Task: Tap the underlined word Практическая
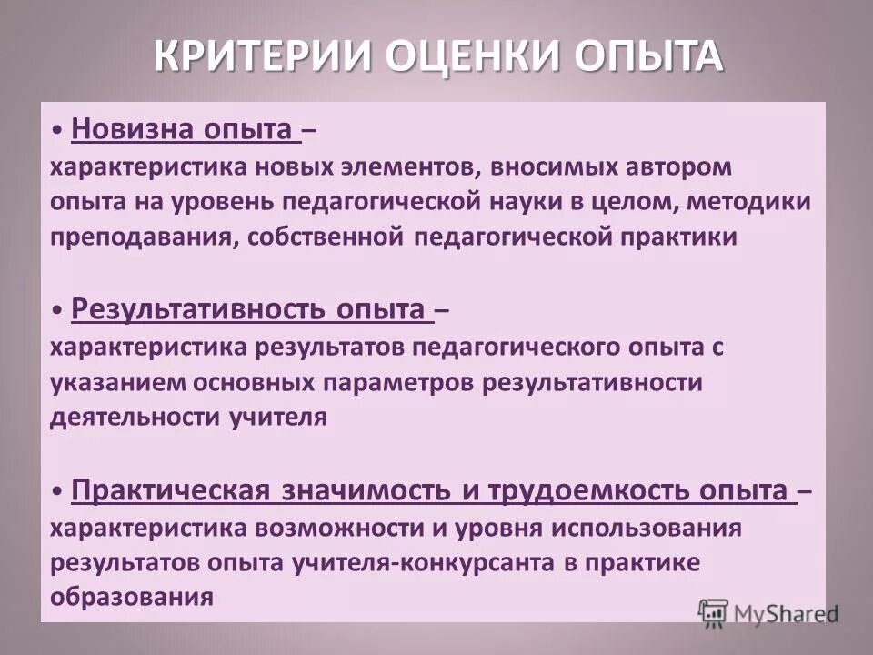(x=169, y=490)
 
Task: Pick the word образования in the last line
(x=132, y=598)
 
